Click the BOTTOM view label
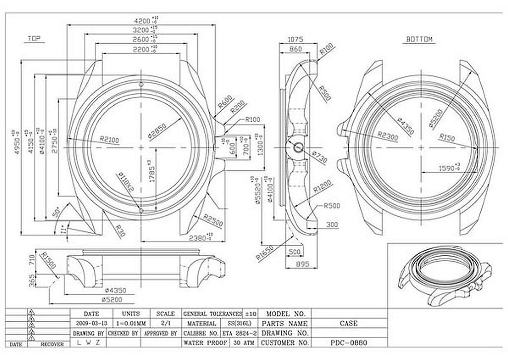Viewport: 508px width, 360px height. click(x=419, y=39)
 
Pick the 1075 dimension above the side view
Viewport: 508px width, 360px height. click(x=296, y=40)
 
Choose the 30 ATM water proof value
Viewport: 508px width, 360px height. click(x=242, y=343)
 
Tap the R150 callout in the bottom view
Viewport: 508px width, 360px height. click(x=446, y=137)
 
